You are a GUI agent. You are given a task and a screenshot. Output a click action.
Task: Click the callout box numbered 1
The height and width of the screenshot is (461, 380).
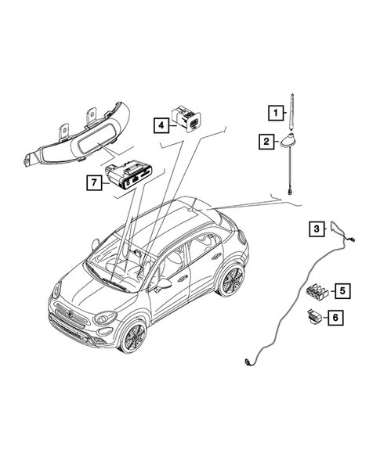coord(275,113)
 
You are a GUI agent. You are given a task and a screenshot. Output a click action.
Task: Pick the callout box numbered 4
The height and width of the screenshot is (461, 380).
coord(161,124)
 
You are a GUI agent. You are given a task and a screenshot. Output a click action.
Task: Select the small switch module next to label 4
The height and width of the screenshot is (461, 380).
coord(188,117)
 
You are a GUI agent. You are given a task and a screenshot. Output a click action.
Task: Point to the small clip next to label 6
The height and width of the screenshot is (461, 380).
coord(313,317)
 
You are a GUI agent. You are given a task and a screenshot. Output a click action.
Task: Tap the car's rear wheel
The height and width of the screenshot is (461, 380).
coord(230,279)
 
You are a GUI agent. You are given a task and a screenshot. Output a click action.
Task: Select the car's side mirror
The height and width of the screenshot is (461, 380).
coord(164,284)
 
